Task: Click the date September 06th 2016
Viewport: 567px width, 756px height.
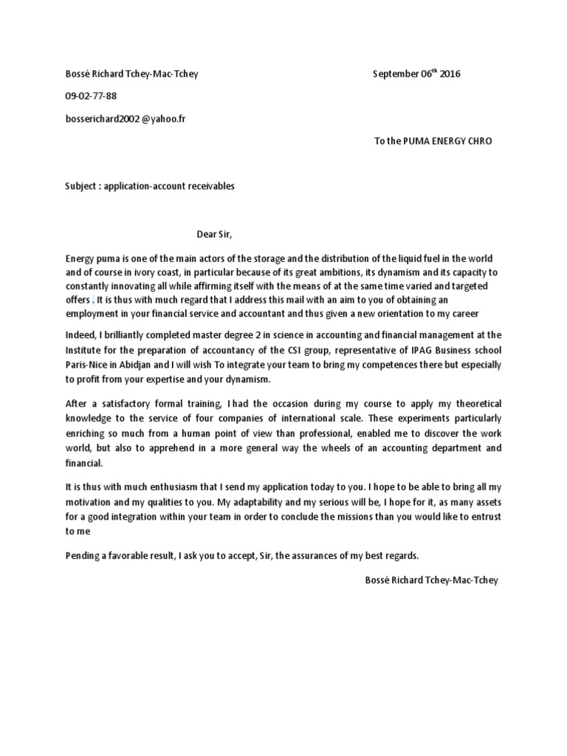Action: click(419, 74)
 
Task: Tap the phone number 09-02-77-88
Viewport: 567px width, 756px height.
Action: click(91, 96)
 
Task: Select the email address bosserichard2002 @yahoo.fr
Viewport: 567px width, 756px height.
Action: click(126, 118)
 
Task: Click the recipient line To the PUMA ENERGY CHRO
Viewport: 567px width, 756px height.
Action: click(433, 141)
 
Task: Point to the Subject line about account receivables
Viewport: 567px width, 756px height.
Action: click(150, 186)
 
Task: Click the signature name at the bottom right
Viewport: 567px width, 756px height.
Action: click(432, 580)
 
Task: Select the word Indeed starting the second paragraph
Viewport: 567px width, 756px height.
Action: click(80, 334)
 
